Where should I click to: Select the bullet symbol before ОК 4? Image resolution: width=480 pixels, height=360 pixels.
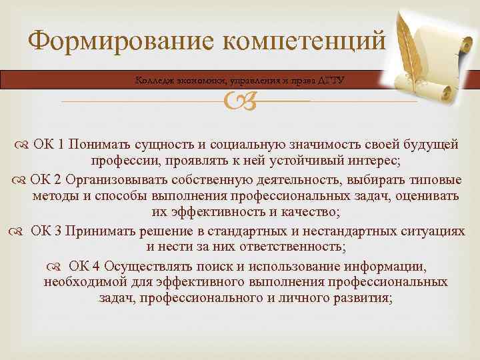tap(54, 267)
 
